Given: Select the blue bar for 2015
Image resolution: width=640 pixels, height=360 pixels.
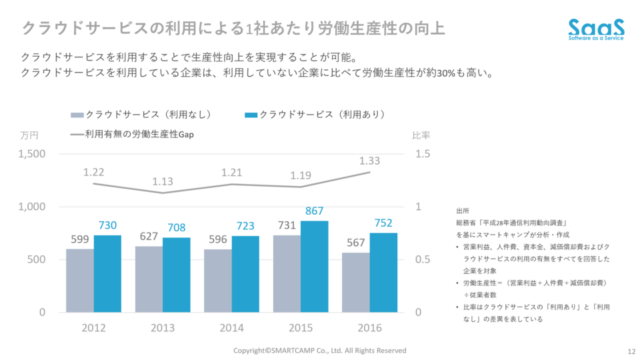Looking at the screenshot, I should pos(315,267).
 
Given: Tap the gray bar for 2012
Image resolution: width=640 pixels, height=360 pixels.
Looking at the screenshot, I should pos(80,281).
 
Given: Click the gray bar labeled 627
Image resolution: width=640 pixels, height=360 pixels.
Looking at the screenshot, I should pos(149,279).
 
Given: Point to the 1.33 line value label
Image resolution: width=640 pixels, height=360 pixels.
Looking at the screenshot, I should pos(369,161).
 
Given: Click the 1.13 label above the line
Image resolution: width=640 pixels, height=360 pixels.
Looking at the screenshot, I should pos(163,181).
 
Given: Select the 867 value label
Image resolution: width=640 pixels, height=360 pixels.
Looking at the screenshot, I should pos(315,211).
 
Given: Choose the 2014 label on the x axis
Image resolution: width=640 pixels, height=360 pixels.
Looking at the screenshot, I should pos(231,327).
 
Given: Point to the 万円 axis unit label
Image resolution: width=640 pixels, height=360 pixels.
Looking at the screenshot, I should pos(29,135).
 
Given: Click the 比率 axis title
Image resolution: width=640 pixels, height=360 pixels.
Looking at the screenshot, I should pos(421,135).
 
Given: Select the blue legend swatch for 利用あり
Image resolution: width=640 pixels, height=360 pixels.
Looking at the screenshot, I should pos(251,115).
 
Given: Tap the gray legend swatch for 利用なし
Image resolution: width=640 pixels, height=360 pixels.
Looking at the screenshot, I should pos(77,115).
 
